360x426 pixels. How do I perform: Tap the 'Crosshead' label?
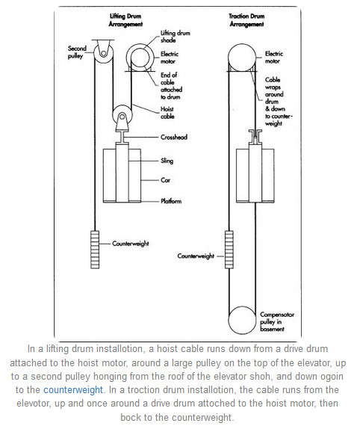point(175,138)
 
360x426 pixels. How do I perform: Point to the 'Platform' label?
point(172,201)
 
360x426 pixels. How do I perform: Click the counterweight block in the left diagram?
point(94,245)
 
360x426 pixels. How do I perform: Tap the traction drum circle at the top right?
point(246,58)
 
